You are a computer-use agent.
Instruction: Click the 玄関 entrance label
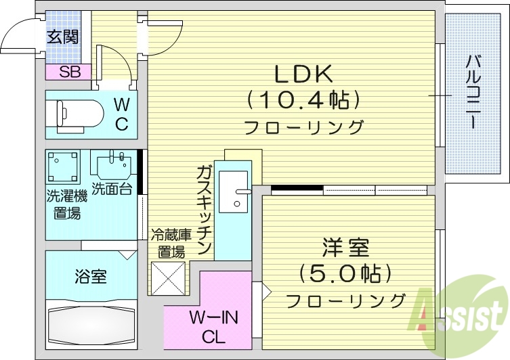click(x=62, y=37)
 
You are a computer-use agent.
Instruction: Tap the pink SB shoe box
click(x=68, y=72)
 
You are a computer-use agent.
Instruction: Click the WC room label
click(x=121, y=114)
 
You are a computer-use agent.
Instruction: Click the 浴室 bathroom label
click(x=90, y=277)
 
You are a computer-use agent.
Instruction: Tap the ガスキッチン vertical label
click(x=204, y=209)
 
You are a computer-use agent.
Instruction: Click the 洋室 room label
click(x=346, y=247)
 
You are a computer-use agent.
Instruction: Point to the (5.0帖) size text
click(x=346, y=274)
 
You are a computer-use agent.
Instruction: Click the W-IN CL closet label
click(x=208, y=327)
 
